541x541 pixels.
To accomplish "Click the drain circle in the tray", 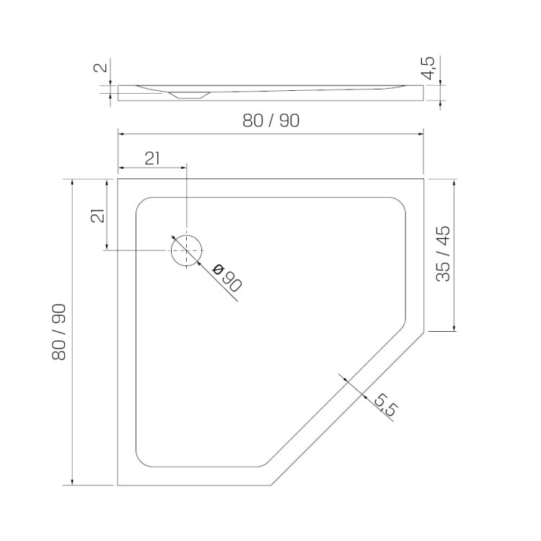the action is [x=171, y=251].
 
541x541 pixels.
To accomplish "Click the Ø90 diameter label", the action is [x=227, y=278].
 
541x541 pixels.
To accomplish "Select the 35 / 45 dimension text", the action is [x=444, y=254].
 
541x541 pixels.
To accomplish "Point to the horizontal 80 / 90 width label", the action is [x=270, y=120].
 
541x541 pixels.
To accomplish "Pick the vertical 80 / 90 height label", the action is [x=58, y=332].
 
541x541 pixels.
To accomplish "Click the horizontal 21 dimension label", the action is [x=152, y=159].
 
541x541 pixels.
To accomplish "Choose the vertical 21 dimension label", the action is [x=97, y=216].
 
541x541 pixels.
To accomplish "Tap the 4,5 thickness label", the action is [x=430, y=68].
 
